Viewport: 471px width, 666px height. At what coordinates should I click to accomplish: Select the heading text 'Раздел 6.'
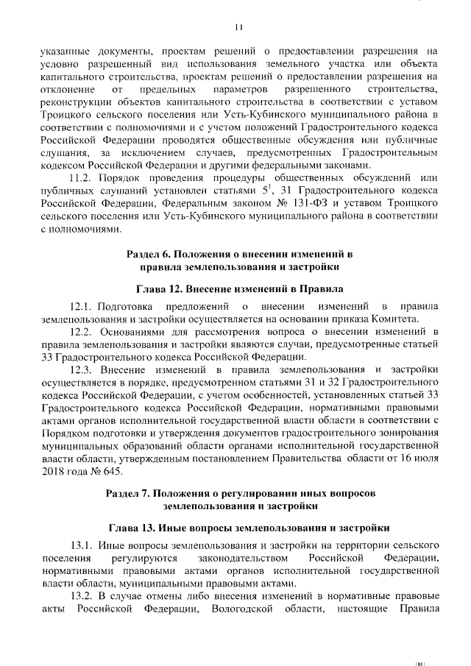click(x=150, y=254)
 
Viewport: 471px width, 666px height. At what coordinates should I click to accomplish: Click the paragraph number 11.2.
click(x=80, y=178)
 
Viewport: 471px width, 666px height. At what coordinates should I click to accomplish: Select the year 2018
click(x=54, y=472)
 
